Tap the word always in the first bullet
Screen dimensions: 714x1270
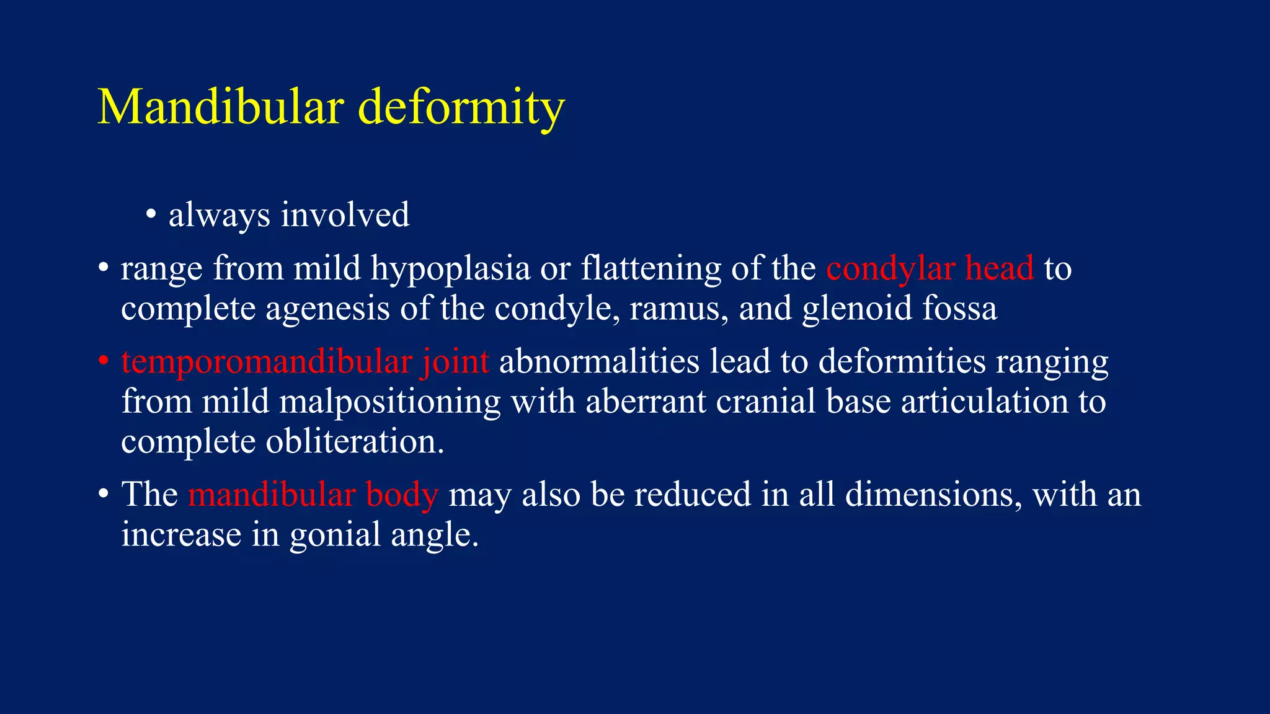click(220, 216)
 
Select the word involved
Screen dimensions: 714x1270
click(345, 214)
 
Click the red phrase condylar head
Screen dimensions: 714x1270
click(930, 268)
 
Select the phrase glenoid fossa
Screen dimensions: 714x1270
click(899, 308)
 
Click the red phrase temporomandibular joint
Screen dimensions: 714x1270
click(305, 361)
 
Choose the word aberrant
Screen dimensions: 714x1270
click(646, 401)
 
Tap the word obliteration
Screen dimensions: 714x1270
click(355, 441)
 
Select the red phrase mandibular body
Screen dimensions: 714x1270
click(313, 495)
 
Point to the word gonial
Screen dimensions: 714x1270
click(335, 535)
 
